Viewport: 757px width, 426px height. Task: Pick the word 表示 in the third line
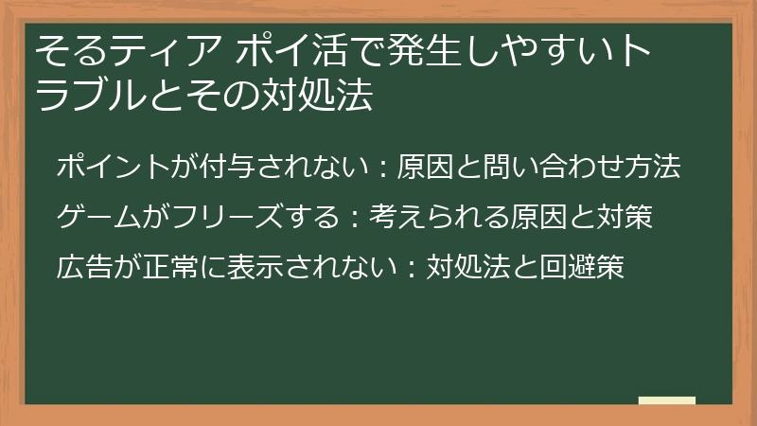click(x=243, y=268)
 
